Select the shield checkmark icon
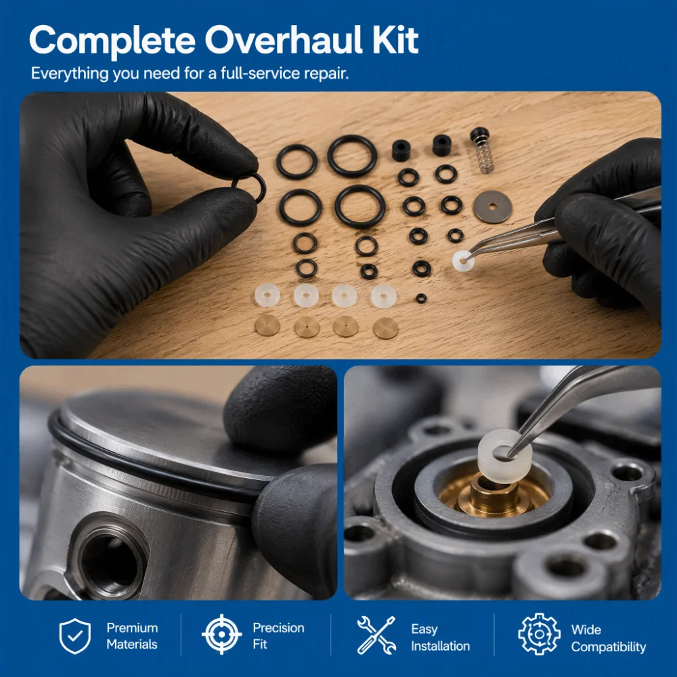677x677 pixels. (75, 636)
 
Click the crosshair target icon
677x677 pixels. (221, 634)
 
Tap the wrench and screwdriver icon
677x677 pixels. (376, 635)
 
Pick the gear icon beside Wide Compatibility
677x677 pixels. (539, 634)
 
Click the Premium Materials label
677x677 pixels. (132, 636)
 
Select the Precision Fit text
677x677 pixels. (278, 636)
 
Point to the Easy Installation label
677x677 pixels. (441, 637)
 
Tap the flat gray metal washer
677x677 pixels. (492, 206)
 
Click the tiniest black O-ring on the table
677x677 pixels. (421, 299)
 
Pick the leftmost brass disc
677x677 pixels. (267, 326)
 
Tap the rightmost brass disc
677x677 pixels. (385, 328)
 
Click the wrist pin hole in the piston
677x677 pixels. (110, 558)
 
